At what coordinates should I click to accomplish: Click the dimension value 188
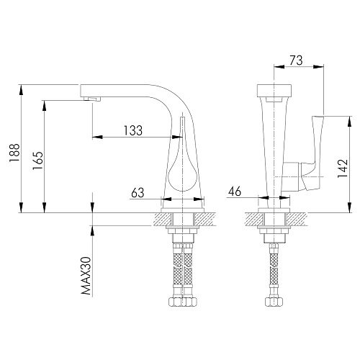pos(14,153)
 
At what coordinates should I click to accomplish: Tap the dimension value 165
pos(37,161)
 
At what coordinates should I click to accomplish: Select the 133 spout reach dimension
pos(133,130)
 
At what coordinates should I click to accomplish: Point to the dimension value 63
pos(138,193)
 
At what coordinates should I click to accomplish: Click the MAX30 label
pos(86,276)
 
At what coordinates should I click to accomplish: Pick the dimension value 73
pos(296,60)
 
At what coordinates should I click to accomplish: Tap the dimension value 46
pos(235,192)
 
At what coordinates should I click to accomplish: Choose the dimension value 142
pos(343,168)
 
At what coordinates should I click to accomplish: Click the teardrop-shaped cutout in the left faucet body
pos(183,168)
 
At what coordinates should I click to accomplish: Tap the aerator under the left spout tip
pos(92,99)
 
